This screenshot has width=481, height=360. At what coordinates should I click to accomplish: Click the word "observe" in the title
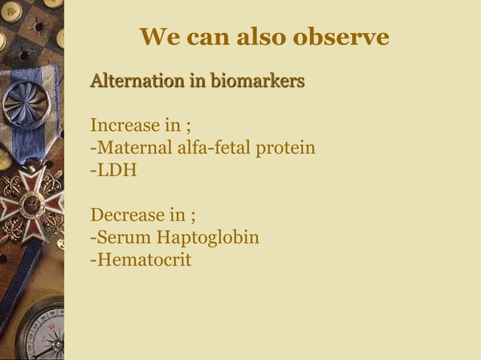point(346,37)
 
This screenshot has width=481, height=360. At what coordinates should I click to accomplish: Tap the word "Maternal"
point(133,147)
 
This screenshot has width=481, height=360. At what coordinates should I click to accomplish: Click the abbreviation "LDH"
point(116,169)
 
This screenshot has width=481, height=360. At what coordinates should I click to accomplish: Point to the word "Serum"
point(123,238)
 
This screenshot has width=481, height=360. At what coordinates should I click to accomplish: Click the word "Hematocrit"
point(143,261)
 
